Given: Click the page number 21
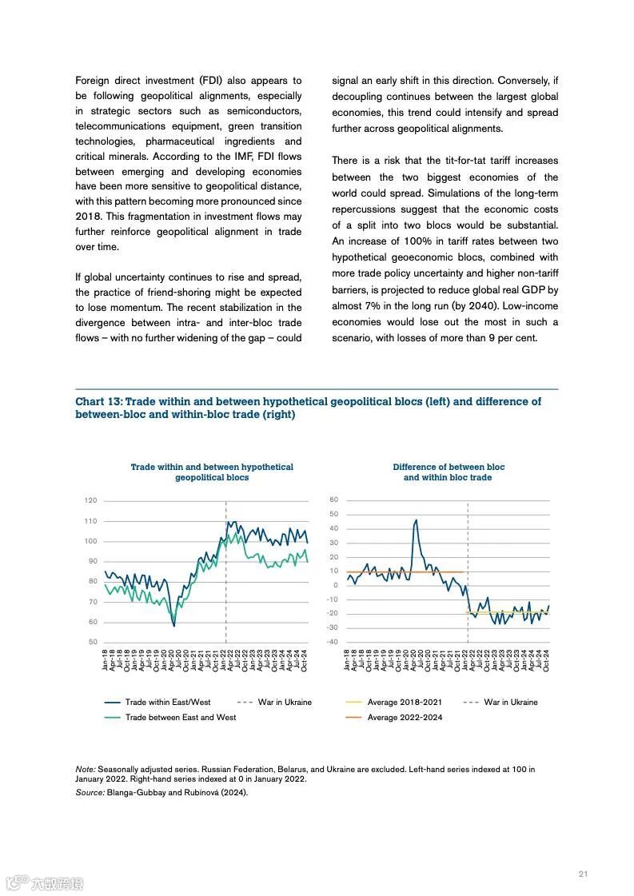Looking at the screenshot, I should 583,874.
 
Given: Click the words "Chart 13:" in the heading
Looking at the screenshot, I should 98,401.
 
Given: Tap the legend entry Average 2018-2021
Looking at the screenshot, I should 404,702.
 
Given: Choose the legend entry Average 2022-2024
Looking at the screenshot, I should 404,717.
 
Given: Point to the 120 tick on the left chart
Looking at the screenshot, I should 90,500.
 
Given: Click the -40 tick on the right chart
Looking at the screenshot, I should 333,642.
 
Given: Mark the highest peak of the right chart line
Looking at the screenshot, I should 416,520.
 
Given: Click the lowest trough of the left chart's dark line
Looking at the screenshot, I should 174,625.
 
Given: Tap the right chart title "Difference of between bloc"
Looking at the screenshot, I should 449,467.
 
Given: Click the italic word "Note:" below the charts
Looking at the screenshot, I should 86,769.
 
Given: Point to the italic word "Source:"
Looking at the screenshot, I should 90,792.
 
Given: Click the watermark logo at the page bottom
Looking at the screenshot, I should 45,883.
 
